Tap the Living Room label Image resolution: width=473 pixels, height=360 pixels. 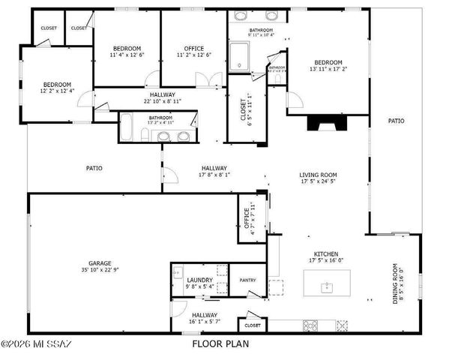(x=319, y=175)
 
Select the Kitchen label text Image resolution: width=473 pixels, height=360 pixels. (x=326, y=254)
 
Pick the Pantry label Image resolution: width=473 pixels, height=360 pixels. (x=248, y=280)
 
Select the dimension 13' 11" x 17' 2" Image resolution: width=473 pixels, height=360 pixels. (x=328, y=69)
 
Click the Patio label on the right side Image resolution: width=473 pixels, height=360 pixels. (x=396, y=120)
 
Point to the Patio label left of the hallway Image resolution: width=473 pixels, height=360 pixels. (x=94, y=168)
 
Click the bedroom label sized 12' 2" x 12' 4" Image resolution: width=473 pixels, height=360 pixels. (x=57, y=85)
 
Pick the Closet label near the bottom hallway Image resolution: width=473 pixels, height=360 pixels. (x=253, y=325)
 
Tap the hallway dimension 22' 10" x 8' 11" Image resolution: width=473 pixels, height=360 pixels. (x=163, y=100)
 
